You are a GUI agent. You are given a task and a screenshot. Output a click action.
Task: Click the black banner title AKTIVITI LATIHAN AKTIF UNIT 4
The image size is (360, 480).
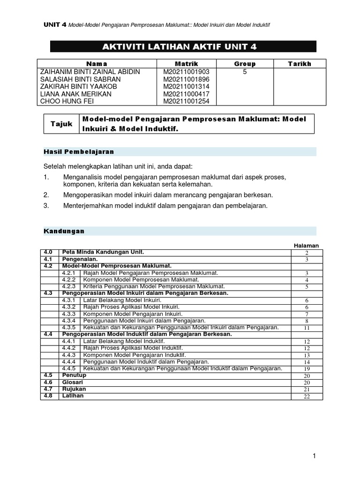click(182, 46)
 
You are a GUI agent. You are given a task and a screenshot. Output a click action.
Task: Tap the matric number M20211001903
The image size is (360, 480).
click(186, 72)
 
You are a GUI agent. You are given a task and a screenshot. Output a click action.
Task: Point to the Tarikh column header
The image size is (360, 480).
click(300, 64)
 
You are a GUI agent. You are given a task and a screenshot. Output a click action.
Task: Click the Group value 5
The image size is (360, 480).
click(245, 72)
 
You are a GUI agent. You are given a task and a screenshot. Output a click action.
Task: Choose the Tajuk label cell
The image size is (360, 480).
click(61, 124)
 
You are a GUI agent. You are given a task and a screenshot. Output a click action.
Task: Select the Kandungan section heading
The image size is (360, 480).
click(64, 231)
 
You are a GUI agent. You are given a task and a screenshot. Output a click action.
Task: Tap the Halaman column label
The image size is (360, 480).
click(306, 245)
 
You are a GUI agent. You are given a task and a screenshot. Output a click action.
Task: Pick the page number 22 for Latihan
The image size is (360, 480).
click(307, 397)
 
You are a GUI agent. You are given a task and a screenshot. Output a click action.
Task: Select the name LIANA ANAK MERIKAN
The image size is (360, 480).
click(76, 94)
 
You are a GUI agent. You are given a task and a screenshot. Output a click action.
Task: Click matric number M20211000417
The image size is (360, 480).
click(186, 94)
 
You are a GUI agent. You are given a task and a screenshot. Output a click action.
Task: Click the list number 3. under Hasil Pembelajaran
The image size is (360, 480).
click(46, 205)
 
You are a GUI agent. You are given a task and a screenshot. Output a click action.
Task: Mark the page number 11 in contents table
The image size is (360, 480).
click(307, 328)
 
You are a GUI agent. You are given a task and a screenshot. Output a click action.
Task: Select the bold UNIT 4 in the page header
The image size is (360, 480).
click(55, 24)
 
